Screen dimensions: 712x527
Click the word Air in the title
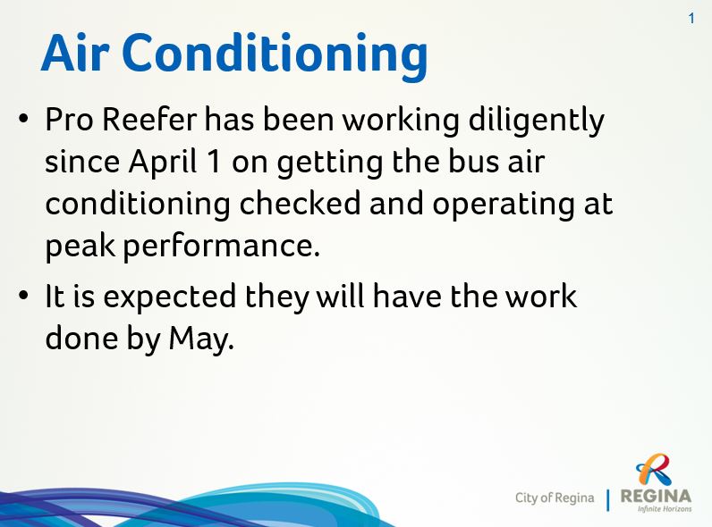[75, 53]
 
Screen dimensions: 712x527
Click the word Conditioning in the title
[275, 56]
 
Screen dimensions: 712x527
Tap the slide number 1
[691, 19]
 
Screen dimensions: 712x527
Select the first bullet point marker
[23, 119]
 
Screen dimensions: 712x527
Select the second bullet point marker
[23, 296]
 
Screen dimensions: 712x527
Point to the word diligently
[536, 121]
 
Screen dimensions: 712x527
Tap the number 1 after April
[215, 162]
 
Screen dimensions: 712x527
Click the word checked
[300, 204]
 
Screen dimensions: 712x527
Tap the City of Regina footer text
[555, 498]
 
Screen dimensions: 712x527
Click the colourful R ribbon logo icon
[654, 470]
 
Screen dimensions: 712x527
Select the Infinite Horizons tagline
[665, 509]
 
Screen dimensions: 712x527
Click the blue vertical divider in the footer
[608, 500]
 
